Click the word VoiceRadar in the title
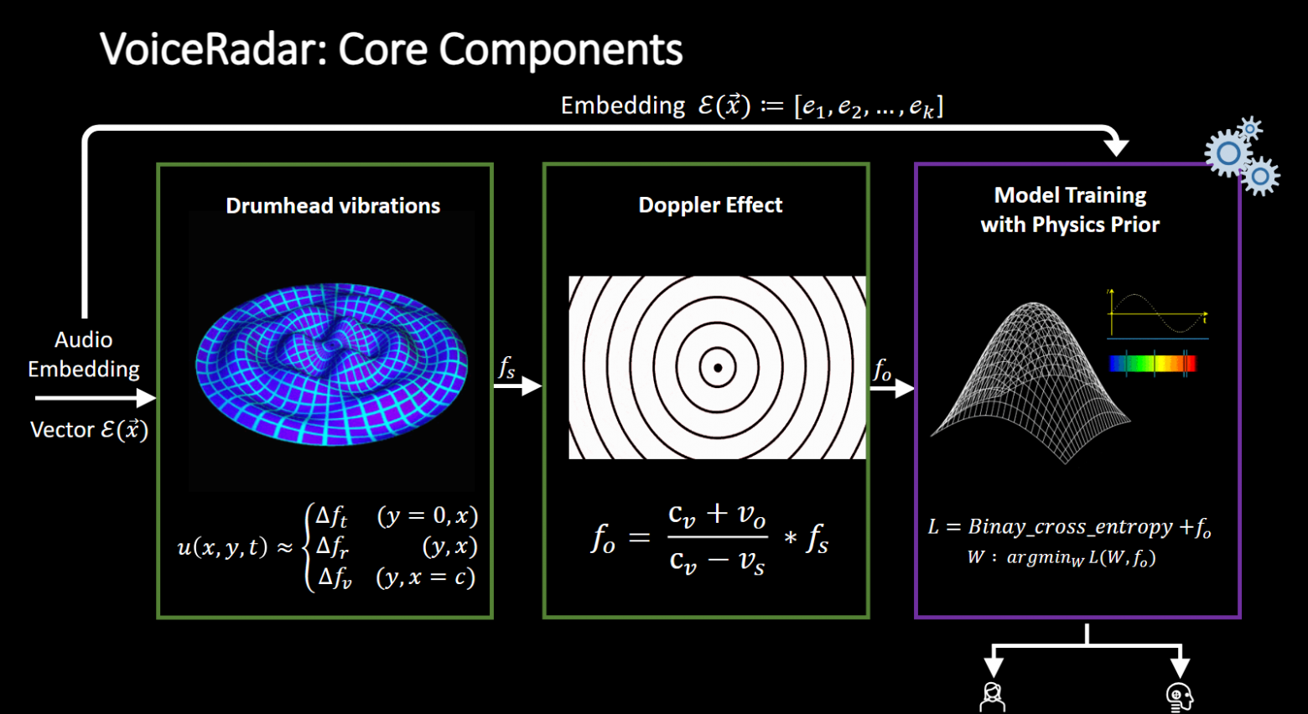click(x=214, y=49)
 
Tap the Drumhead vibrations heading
click(x=333, y=206)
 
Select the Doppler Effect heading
click(x=710, y=205)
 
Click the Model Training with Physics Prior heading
click(x=1070, y=210)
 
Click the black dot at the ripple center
click(x=718, y=368)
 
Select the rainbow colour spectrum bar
click(x=1152, y=363)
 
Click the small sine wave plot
click(x=1157, y=313)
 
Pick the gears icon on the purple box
click(x=1239, y=156)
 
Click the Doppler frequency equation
click(x=709, y=538)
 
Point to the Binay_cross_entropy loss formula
click(x=1069, y=527)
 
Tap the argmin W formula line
click(x=1061, y=558)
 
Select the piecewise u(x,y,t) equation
click(x=327, y=546)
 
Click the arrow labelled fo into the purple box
click(x=892, y=388)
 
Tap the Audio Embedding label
click(x=84, y=354)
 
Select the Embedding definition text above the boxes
click(x=751, y=106)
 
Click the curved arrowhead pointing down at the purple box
click(x=1116, y=147)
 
